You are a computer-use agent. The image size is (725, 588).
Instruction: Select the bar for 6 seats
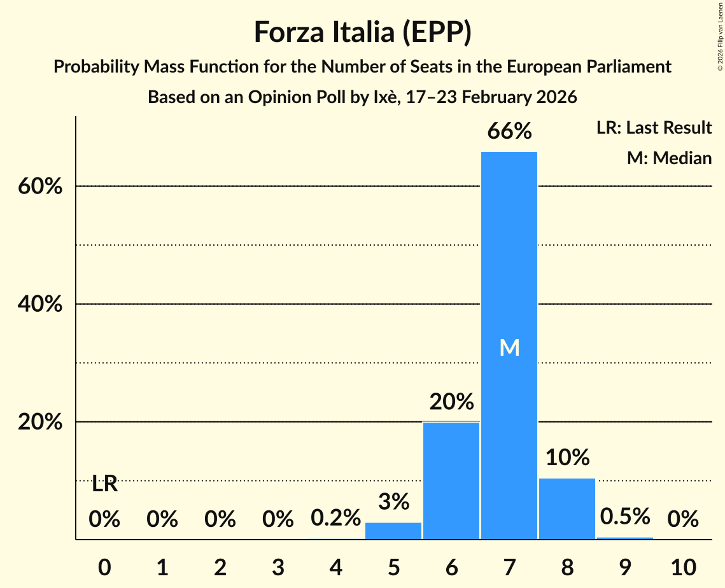coord(451,480)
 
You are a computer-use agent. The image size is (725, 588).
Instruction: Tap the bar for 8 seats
coord(567,508)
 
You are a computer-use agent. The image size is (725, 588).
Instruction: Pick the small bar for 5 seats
coord(393,531)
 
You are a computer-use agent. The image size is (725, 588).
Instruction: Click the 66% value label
coord(509,132)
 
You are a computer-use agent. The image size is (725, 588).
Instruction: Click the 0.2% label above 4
coord(335,519)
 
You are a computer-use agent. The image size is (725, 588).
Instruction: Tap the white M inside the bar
coord(509,347)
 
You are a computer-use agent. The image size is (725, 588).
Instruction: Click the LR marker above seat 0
coord(104,484)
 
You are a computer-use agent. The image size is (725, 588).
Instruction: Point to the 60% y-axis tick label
coord(39,187)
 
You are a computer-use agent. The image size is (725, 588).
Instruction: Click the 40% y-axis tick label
coord(39,305)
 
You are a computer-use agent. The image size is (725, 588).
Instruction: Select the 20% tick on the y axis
coord(39,423)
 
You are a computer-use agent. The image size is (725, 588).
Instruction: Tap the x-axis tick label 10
coord(682,566)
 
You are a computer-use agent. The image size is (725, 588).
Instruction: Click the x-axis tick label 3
coord(278,566)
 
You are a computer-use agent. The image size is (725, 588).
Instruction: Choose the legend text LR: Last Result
coord(654,128)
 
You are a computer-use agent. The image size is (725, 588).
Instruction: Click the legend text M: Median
coord(669,158)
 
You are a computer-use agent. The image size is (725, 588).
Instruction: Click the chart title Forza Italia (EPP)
coord(362,32)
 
